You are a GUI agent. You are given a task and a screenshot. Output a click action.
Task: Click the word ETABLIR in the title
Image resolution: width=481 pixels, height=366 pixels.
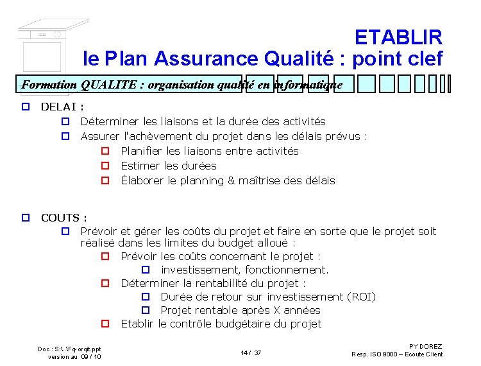click(x=398, y=37)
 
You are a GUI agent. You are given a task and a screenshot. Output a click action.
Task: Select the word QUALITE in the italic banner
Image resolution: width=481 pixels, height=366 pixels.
click(x=106, y=85)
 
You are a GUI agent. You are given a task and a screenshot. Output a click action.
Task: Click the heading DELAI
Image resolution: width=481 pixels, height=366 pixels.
click(x=59, y=107)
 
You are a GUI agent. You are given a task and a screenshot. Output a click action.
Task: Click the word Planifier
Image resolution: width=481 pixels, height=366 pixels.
click(x=145, y=151)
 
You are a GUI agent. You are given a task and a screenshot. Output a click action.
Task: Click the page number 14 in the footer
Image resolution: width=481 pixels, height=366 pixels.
click(x=244, y=353)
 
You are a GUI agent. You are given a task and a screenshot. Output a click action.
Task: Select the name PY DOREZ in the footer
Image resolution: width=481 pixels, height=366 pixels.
click(x=426, y=347)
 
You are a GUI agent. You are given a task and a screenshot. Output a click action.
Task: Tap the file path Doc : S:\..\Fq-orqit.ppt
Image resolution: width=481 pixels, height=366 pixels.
click(x=69, y=349)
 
